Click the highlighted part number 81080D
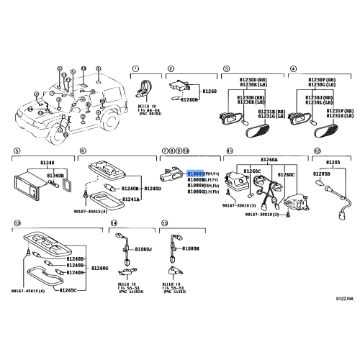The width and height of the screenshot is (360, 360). coord(195,174)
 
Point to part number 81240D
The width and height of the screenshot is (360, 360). coord(152,189)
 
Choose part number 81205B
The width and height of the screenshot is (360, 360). coord(321,174)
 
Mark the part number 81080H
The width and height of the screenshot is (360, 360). coord(190,248)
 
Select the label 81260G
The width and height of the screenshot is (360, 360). coord(100,268)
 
